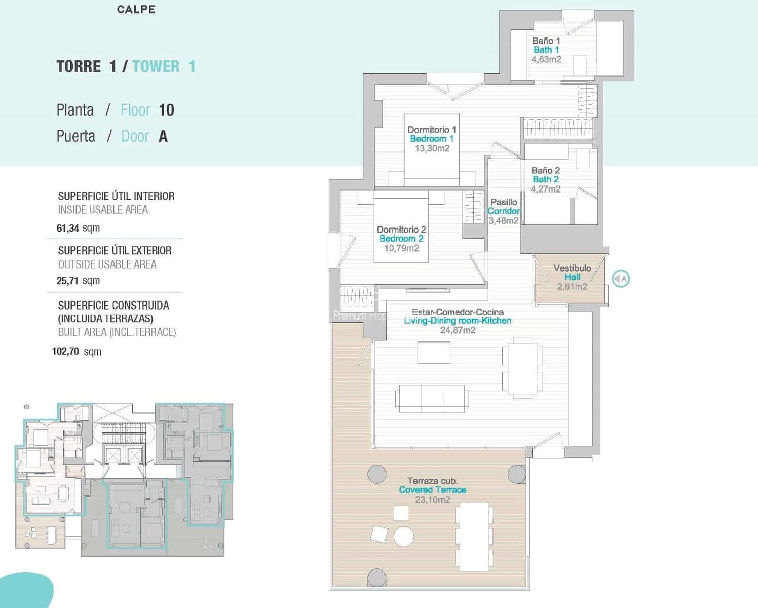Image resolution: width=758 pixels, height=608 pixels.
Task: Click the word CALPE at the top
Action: click(136, 9)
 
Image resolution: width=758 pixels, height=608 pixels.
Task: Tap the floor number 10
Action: click(166, 110)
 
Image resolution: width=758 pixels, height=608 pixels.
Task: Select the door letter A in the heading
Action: click(163, 136)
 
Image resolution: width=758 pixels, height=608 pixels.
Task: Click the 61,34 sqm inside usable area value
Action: click(78, 228)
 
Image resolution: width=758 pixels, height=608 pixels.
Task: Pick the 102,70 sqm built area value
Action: click(77, 352)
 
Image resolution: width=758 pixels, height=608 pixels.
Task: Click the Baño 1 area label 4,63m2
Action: click(546, 59)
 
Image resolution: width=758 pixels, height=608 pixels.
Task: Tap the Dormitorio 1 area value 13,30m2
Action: click(432, 148)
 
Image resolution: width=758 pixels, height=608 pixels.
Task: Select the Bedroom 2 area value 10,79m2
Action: click(401, 248)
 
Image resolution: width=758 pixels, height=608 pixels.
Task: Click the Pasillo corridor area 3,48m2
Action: click(503, 220)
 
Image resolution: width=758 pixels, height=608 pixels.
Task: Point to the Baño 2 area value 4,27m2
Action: click(545, 189)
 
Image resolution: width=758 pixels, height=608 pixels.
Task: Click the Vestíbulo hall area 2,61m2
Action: click(572, 287)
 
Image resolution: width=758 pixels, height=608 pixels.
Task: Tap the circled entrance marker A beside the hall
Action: click(621, 279)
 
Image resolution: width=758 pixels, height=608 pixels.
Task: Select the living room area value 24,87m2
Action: click(458, 330)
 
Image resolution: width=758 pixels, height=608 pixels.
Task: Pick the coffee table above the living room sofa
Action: click(434, 353)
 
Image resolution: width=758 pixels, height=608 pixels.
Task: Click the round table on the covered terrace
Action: click(404, 537)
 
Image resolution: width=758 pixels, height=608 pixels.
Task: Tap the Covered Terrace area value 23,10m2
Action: click(432, 500)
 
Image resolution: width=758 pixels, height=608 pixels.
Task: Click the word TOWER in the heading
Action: click(156, 66)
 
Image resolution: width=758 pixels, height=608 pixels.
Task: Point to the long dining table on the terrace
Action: click(474, 536)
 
